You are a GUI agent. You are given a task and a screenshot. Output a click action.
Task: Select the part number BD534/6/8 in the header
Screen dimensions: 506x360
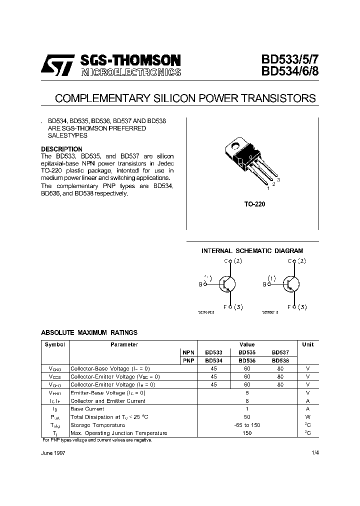[x=289, y=72]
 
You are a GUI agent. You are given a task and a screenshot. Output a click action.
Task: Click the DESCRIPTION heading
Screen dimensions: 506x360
[x=61, y=149]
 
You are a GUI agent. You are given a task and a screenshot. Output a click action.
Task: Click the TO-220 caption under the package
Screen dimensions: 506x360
[x=252, y=204]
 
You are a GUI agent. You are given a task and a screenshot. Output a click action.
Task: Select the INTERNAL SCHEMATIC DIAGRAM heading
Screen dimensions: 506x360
[x=252, y=251]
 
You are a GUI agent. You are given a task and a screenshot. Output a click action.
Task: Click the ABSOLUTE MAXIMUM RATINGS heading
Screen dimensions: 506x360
[x=89, y=332]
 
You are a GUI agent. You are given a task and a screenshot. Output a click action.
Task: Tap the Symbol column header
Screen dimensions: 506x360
[x=55, y=344]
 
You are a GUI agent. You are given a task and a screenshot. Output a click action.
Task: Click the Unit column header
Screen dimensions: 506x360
[x=308, y=344]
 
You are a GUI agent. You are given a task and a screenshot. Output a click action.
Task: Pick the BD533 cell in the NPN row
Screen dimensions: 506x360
[x=213, y=352]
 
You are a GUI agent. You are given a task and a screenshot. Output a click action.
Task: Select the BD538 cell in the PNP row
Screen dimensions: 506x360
[x=280, y=360]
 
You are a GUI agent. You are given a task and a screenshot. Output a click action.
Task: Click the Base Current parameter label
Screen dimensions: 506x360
[x=87, y=409]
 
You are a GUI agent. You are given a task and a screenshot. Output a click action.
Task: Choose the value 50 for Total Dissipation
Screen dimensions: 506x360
[x=247, y=417]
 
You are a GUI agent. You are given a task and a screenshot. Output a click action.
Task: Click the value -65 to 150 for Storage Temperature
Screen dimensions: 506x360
[x=247, y=425]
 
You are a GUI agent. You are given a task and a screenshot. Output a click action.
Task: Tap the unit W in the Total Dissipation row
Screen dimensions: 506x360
[x=308, y=417]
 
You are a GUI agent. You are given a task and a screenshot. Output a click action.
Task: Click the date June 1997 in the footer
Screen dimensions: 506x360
[x=53, y=452]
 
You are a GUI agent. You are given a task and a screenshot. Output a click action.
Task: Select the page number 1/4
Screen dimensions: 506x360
[x=314, y=452]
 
